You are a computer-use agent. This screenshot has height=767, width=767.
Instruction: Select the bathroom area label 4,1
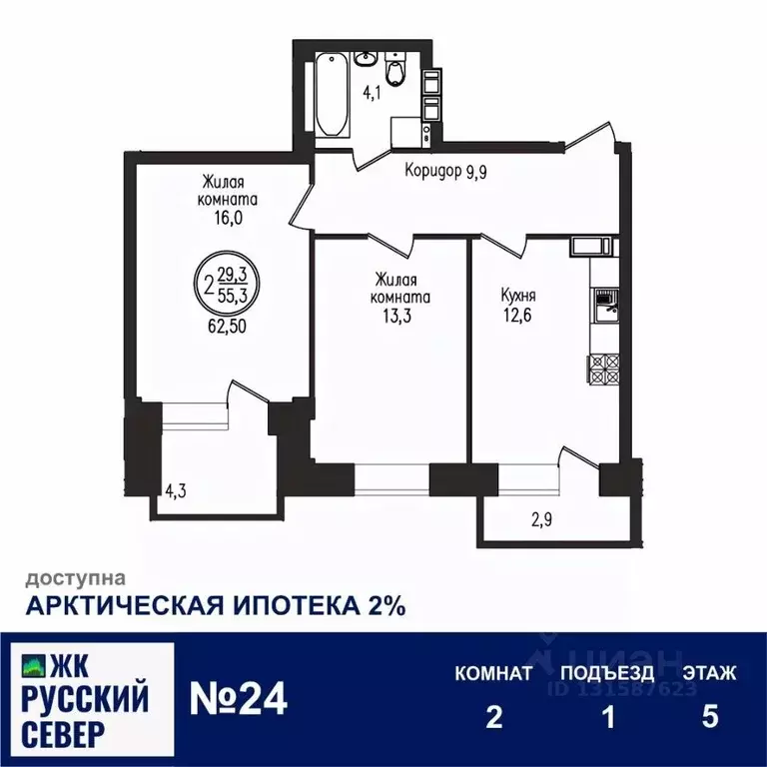372,93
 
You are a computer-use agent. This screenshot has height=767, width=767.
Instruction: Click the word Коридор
433,171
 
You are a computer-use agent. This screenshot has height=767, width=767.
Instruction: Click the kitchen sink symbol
604,304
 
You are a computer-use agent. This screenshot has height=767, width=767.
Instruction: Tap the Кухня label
518,296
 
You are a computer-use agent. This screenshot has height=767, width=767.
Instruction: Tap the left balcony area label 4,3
175,491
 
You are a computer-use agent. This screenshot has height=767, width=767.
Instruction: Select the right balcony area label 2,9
540,518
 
